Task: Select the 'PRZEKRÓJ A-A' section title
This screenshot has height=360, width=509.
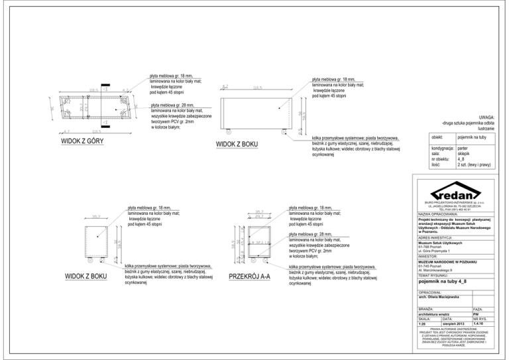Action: (x=249, y=276)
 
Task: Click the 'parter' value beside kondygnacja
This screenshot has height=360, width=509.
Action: (x=463, y=148)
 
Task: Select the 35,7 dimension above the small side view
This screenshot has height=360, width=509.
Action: (x=95, y=216)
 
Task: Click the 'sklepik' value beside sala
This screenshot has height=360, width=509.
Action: (x=464, y=154)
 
